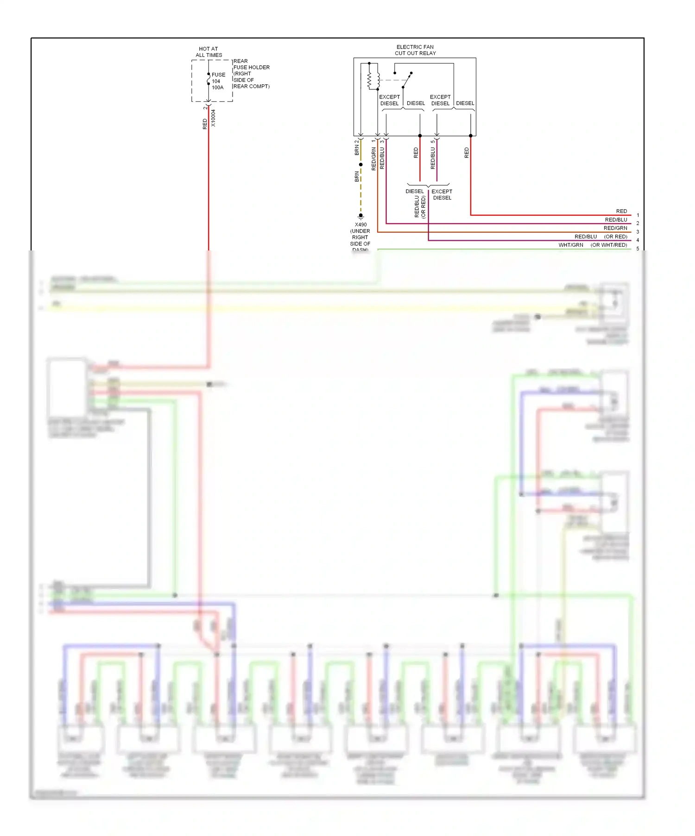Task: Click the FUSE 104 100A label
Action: [x=218, y=81]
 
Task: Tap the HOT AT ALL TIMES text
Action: [x=208, y=52]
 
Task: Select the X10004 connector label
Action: [x=213, y=118]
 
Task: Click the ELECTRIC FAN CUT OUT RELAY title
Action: [x=415, y=50]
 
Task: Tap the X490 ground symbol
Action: [x=360, y=216]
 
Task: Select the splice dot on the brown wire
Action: [x=360, y=165]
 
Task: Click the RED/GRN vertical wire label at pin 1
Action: [x=374, y=159]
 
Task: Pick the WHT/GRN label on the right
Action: [x=571, y=245]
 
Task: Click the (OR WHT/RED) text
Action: [x=609, y=245]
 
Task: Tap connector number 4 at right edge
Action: [x=638, y=240]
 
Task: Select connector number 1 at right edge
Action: [x=638, y=215]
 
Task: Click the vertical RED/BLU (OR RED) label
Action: [x=420, y=206]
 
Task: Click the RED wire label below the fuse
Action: [x=205, y=124]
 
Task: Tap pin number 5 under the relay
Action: [x=433, y=142]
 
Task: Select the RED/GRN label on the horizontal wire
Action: [x=615, y=228]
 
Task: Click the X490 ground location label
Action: [x=360, y=237]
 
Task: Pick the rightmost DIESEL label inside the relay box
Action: [x=465, y=104]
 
